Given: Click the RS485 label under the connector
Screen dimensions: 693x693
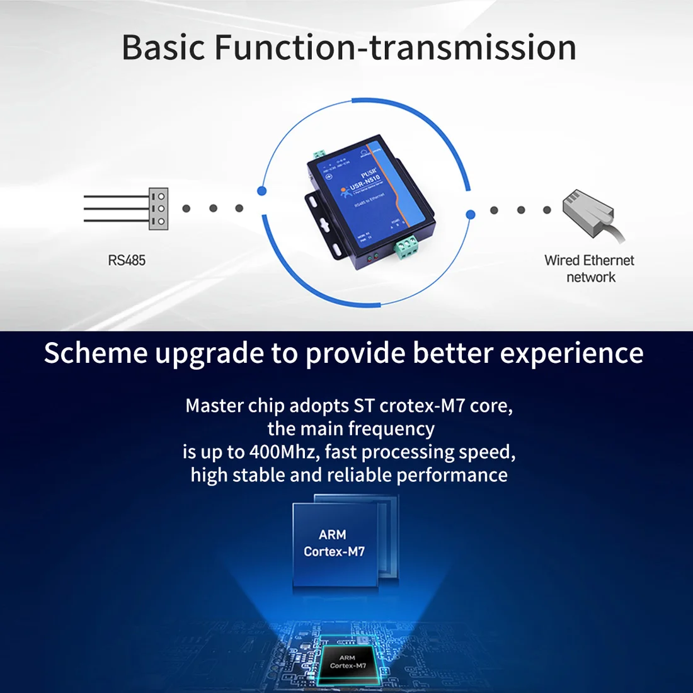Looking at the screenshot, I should pos(127,260).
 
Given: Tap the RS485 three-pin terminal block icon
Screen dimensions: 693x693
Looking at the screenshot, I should pos(158,209).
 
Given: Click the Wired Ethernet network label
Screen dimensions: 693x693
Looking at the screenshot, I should pos(590,268).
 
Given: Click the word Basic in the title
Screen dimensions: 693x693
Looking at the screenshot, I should pos(163,48).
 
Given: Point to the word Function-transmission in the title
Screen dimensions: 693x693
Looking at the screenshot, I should pos(395,48).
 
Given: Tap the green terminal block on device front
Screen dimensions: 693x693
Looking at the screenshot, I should pos(406,246).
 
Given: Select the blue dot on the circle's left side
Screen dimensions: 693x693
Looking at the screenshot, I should pos(262,191).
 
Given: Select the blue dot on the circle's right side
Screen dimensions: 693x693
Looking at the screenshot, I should pos(470,215).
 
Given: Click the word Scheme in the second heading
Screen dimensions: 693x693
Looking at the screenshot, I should pos(95,353).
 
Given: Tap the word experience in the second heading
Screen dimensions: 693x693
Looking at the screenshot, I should pos(571,353).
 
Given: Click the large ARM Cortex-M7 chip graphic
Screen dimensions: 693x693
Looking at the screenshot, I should pos(335,543).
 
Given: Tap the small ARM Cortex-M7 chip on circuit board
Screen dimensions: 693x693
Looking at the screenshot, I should pos(348,662).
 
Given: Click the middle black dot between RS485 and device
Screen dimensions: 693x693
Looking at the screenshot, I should pos(213,209).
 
